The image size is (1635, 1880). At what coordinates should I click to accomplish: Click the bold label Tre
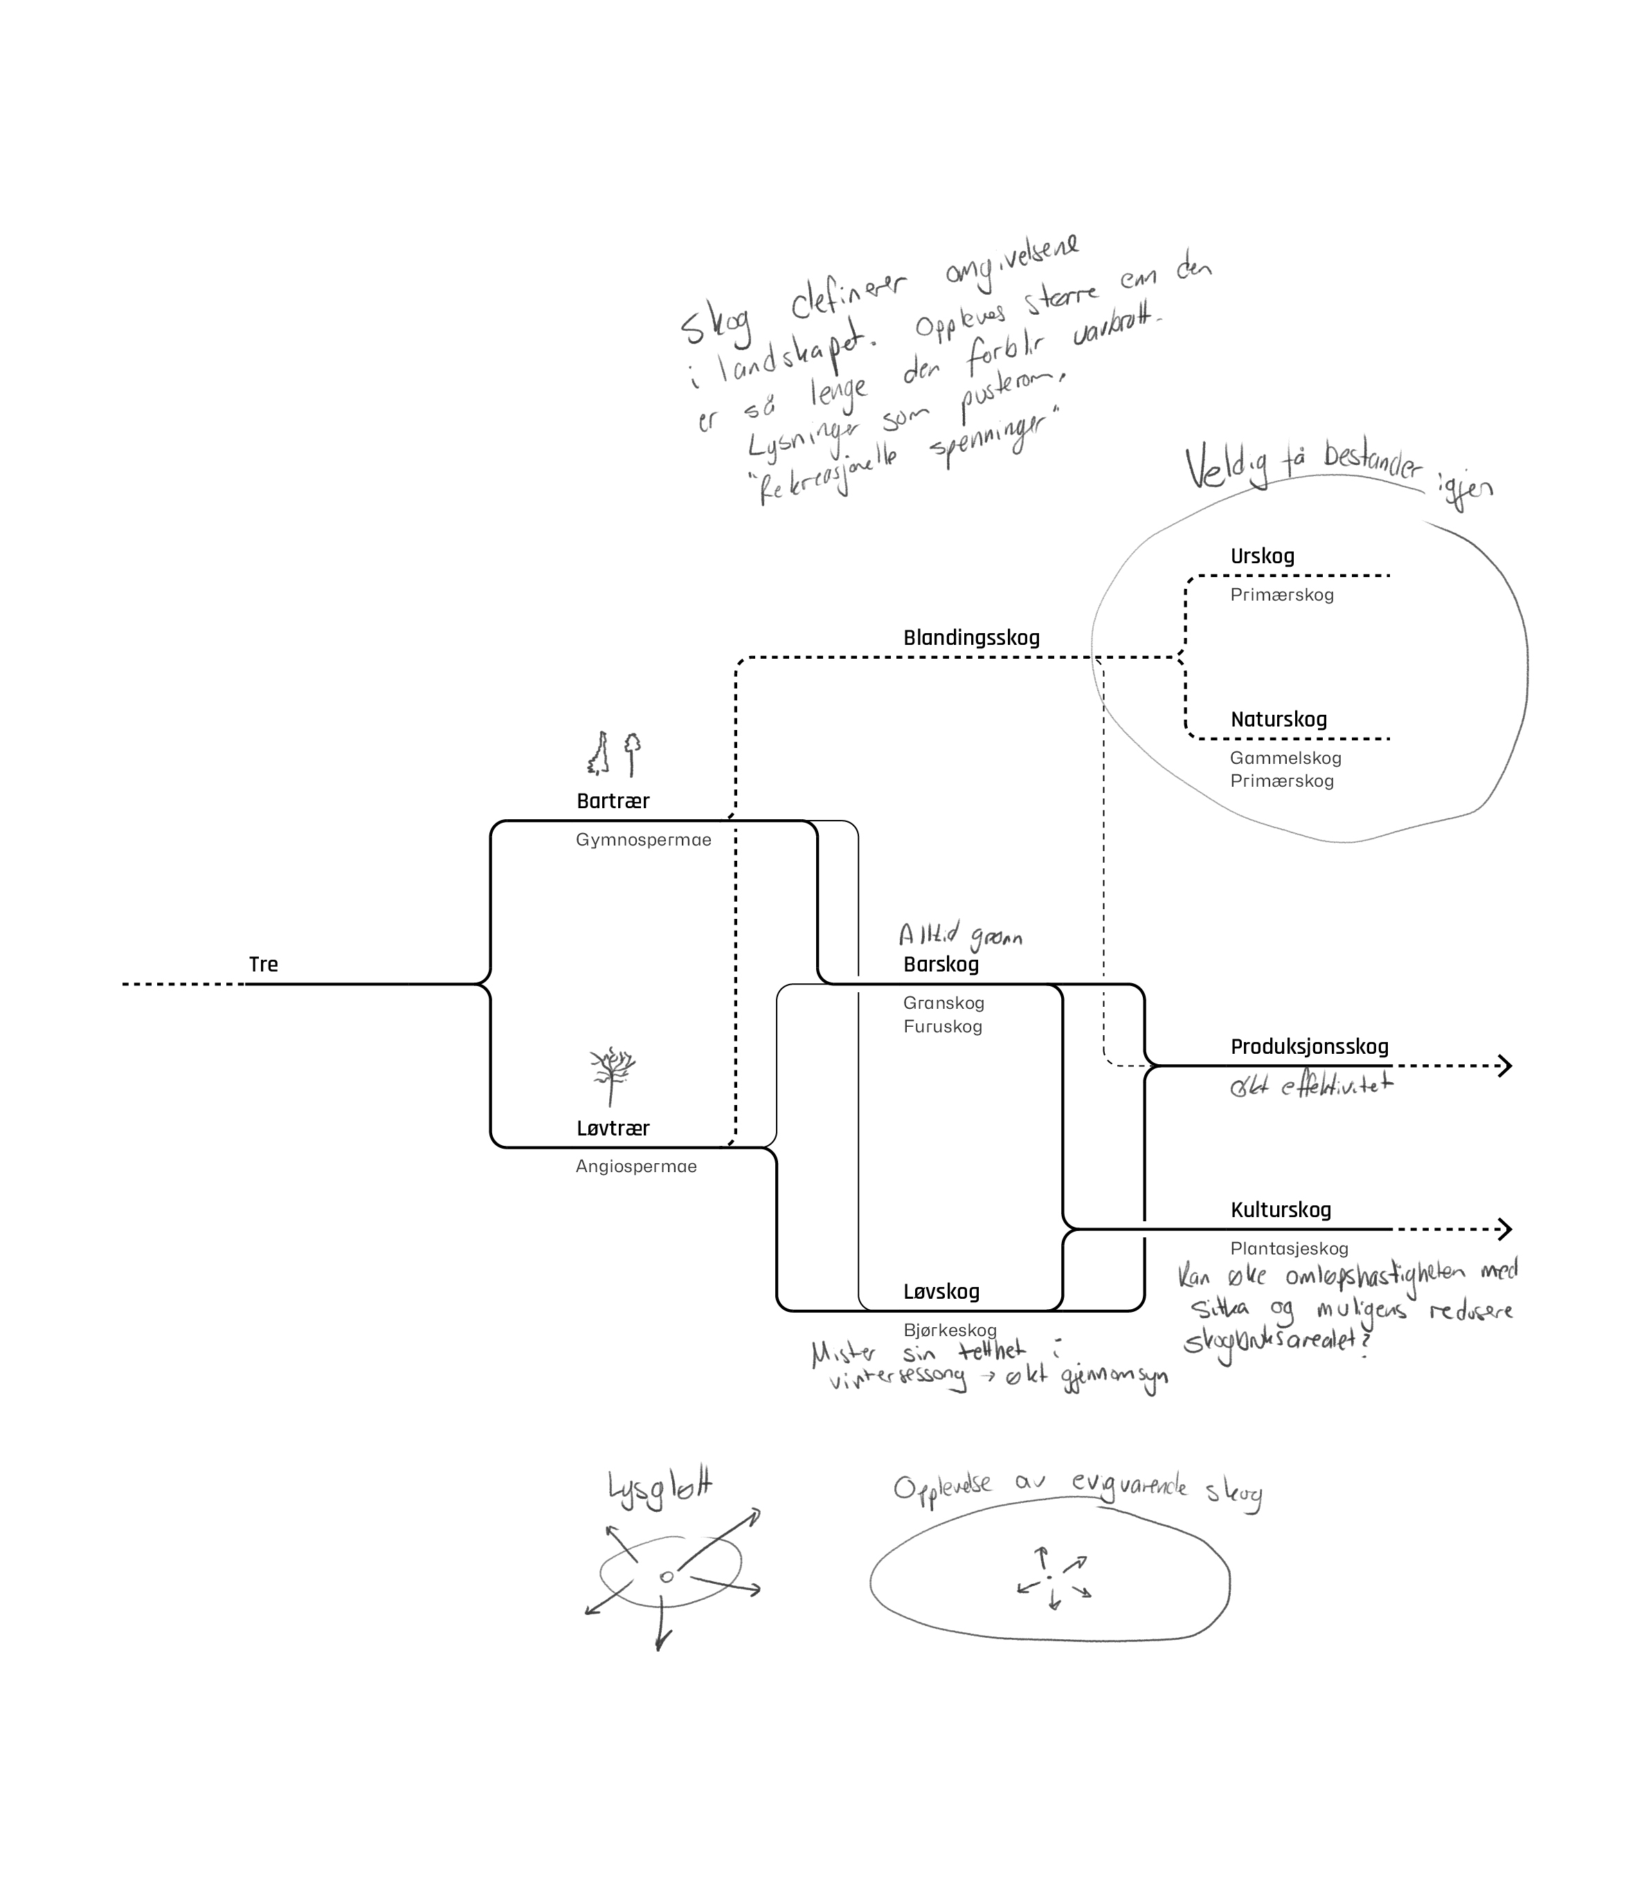click(263, 964)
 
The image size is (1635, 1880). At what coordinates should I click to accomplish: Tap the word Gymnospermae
click(642, 839)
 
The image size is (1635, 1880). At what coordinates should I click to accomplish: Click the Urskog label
click(1262, 556)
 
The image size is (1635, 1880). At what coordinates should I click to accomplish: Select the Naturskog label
click(1279, 719)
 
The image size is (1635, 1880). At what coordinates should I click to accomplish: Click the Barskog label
click(941, 964)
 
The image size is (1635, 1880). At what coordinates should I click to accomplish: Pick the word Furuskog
click(943, 1026)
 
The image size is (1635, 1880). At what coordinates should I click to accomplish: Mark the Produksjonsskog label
click(1309, 1046)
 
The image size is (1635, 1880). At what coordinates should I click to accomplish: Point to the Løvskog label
click(941, 1292)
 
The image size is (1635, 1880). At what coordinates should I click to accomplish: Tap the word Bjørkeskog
click(949, 1330)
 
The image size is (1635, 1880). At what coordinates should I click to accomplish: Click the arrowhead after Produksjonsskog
click(1505, 1066)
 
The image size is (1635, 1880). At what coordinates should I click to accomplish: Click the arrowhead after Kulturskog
click(1505, 1229)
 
